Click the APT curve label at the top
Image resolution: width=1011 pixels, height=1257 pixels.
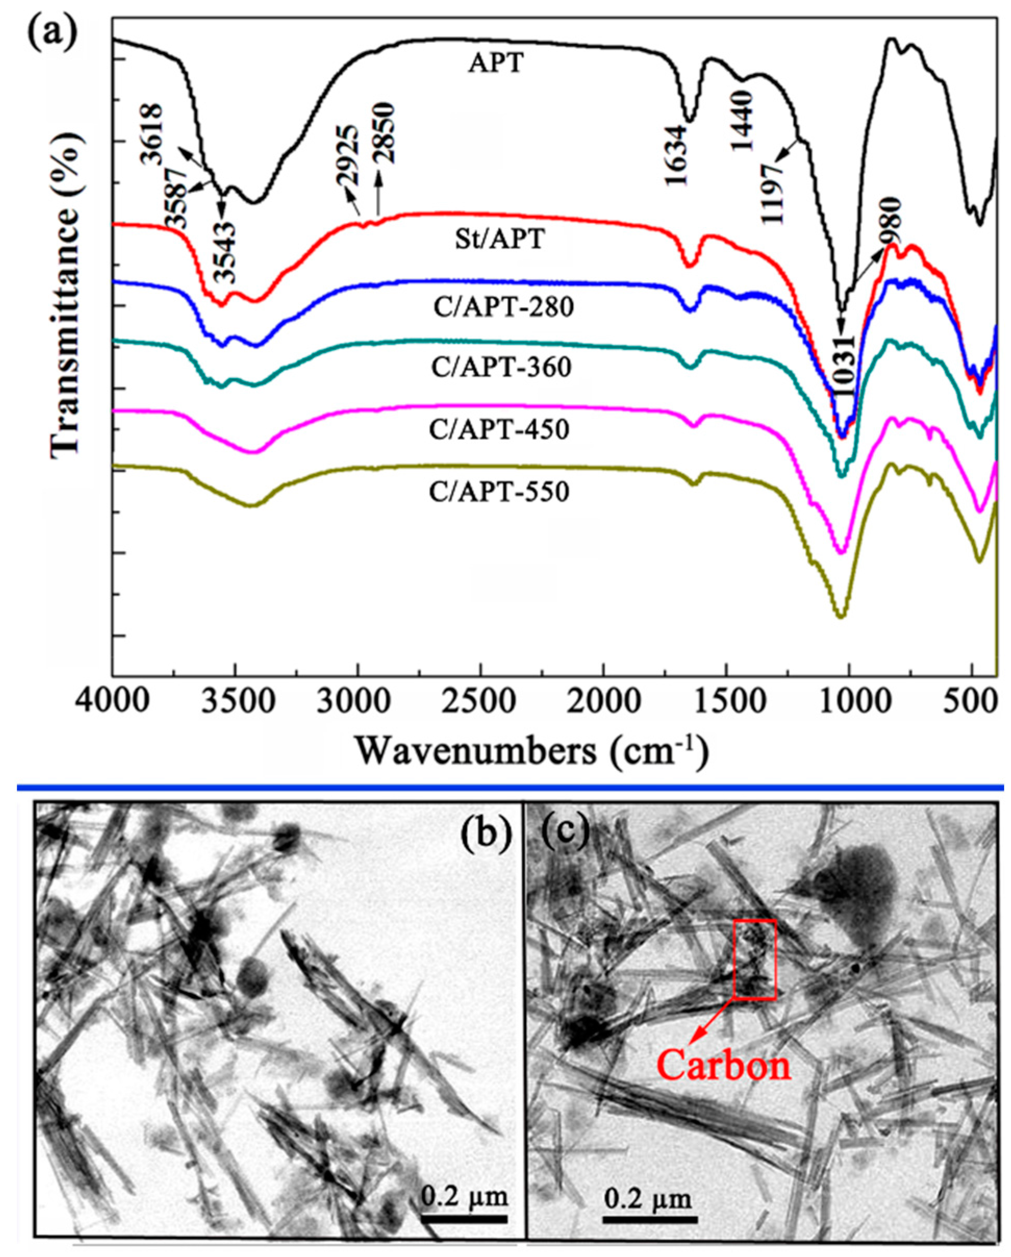496,63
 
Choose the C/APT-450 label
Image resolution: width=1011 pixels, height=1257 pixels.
499,430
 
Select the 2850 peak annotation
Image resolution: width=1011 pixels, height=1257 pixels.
385,133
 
